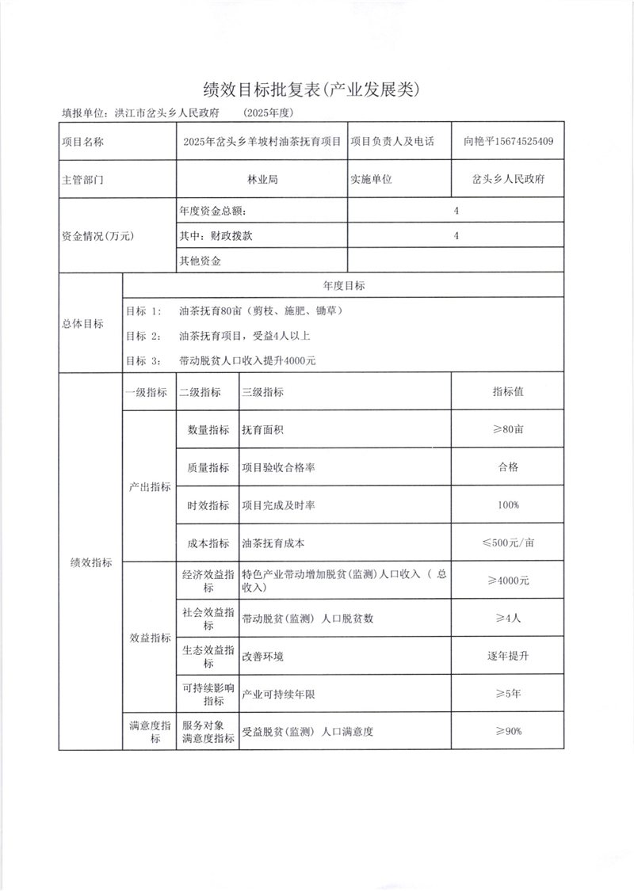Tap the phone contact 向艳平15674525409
click(x=508, y=142)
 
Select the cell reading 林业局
click(x=262, y=179)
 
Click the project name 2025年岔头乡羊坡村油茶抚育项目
click(x=262, y=142)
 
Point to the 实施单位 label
click(x=372, y=179)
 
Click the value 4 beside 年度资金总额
click(x=456, y=211)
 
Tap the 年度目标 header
click(x=343, y=285)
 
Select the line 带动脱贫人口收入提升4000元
click(x=248, y=360)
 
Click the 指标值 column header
click(x=508, y=392)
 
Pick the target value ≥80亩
click(x=508, y=429)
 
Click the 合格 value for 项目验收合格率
click(x=508, y=467)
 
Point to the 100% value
click(x=508, y=505)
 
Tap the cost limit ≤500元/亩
click(x=508, y=543)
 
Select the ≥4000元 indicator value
click(x=508, y=581)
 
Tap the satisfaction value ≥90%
click(x=508, y=731)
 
